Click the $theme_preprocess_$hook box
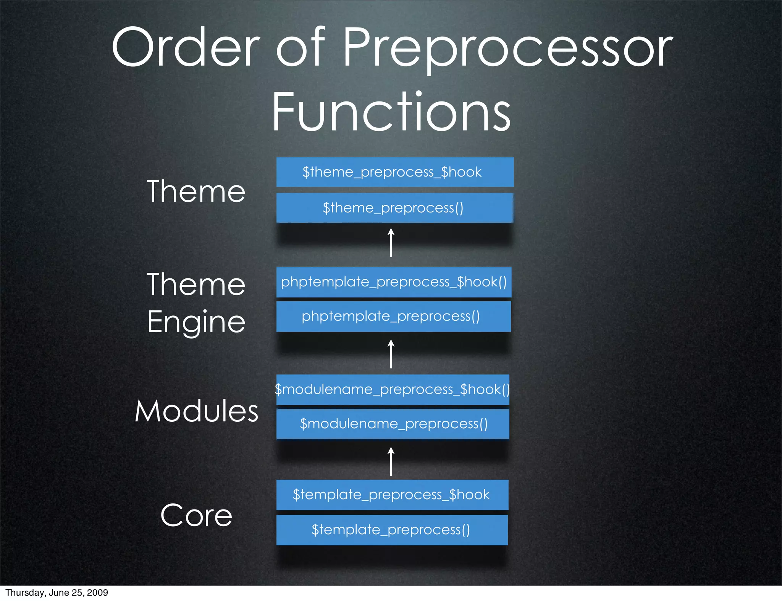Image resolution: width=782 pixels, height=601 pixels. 395,172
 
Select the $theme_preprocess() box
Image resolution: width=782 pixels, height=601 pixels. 395,208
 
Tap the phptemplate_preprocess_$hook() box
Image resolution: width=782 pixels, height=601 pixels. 394,282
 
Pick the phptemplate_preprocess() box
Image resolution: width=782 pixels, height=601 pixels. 393,317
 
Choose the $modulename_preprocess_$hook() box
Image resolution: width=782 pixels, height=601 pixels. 393,390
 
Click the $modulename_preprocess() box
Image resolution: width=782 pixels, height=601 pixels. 393,424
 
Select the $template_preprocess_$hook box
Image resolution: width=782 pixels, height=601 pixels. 392,495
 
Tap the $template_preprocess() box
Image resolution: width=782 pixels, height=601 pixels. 392,530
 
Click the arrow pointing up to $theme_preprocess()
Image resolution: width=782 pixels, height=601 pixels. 391,243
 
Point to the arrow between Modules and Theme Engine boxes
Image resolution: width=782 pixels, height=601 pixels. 391,354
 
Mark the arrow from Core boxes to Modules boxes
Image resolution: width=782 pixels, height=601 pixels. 391,461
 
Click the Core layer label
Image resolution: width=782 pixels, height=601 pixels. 196,516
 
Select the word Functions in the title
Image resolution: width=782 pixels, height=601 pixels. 391,112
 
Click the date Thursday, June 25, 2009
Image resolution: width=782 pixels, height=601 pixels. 57,593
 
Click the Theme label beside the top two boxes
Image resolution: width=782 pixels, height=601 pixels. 196,191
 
